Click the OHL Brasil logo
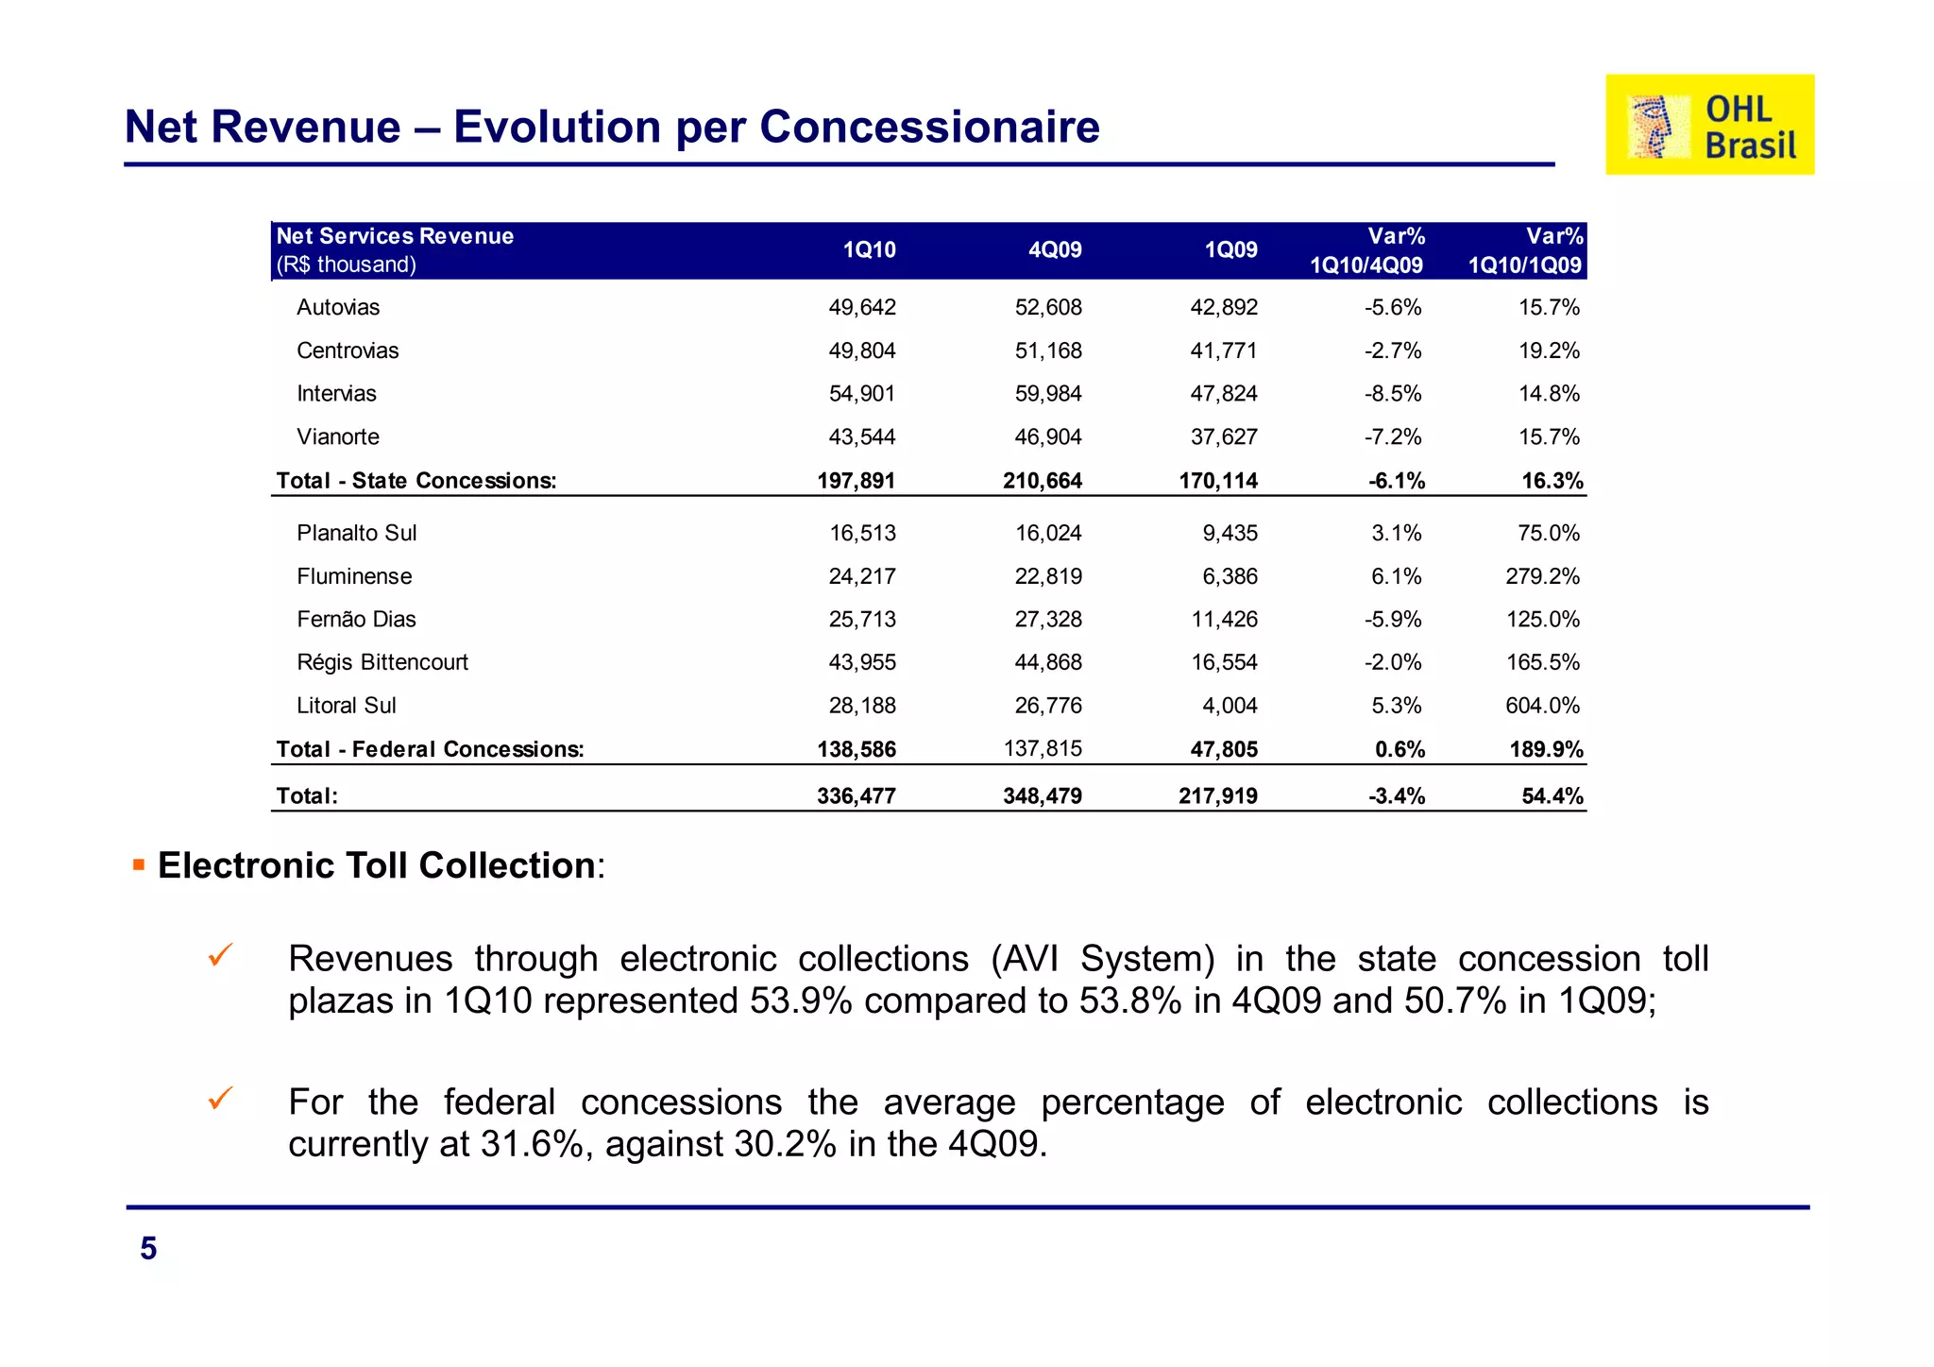pos(1709,125)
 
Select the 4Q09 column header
pos(1054,250)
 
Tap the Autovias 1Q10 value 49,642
pos(861,307)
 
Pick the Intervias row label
pos(336,394)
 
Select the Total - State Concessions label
pos(416,481)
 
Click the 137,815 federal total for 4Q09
pos(1042,749)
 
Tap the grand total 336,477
pos(856,796)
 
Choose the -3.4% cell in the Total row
pos(1396,796)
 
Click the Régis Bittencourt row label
pos(382,662)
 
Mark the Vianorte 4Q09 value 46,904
pos(1047,437)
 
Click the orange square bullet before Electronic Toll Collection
pos(139,864)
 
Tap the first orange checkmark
pos(220,955)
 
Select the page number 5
pos(148,1249)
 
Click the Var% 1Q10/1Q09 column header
pos(1524,250)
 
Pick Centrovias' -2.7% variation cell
pos(1392,350)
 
